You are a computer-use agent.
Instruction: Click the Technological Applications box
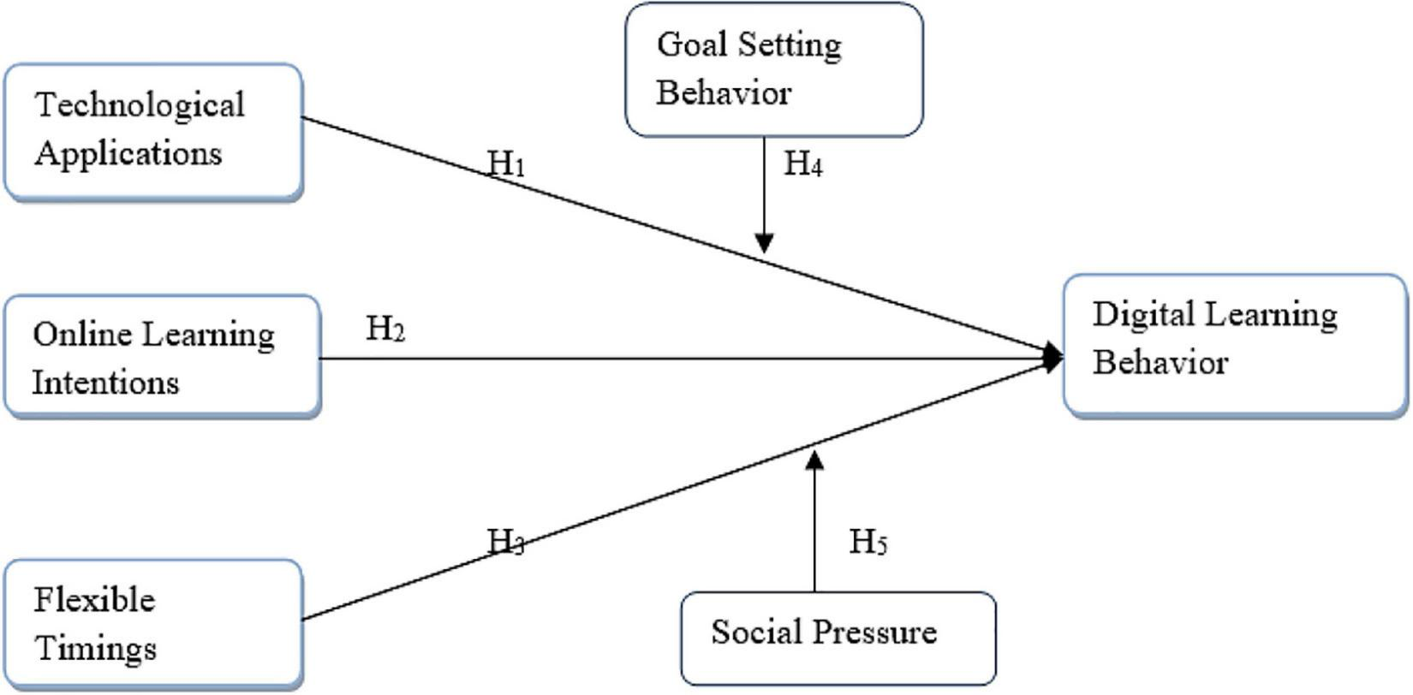tap(154, 132)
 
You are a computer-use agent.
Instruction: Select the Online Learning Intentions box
tap(163, 356)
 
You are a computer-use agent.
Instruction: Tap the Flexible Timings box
tap(154, 625)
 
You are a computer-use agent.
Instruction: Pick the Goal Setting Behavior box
tap(774, 69)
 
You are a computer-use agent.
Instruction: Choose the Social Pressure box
tap(838, 638)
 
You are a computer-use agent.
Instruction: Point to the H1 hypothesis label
tap(506, 163)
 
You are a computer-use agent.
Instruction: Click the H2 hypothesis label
tap(385, 328)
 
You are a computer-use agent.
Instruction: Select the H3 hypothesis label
tap(506, 541)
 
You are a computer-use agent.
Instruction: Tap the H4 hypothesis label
tap(803, 164)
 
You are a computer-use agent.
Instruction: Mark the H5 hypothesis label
tap(867, 542)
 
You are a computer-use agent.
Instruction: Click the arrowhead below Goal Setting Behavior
tap(764, 242)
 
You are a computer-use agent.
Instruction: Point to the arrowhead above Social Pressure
tap(814, 460)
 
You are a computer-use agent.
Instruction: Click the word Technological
tap(140, 106)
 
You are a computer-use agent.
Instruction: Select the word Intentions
tap(106, 382)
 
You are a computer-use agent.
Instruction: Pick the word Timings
tap(95, 649)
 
